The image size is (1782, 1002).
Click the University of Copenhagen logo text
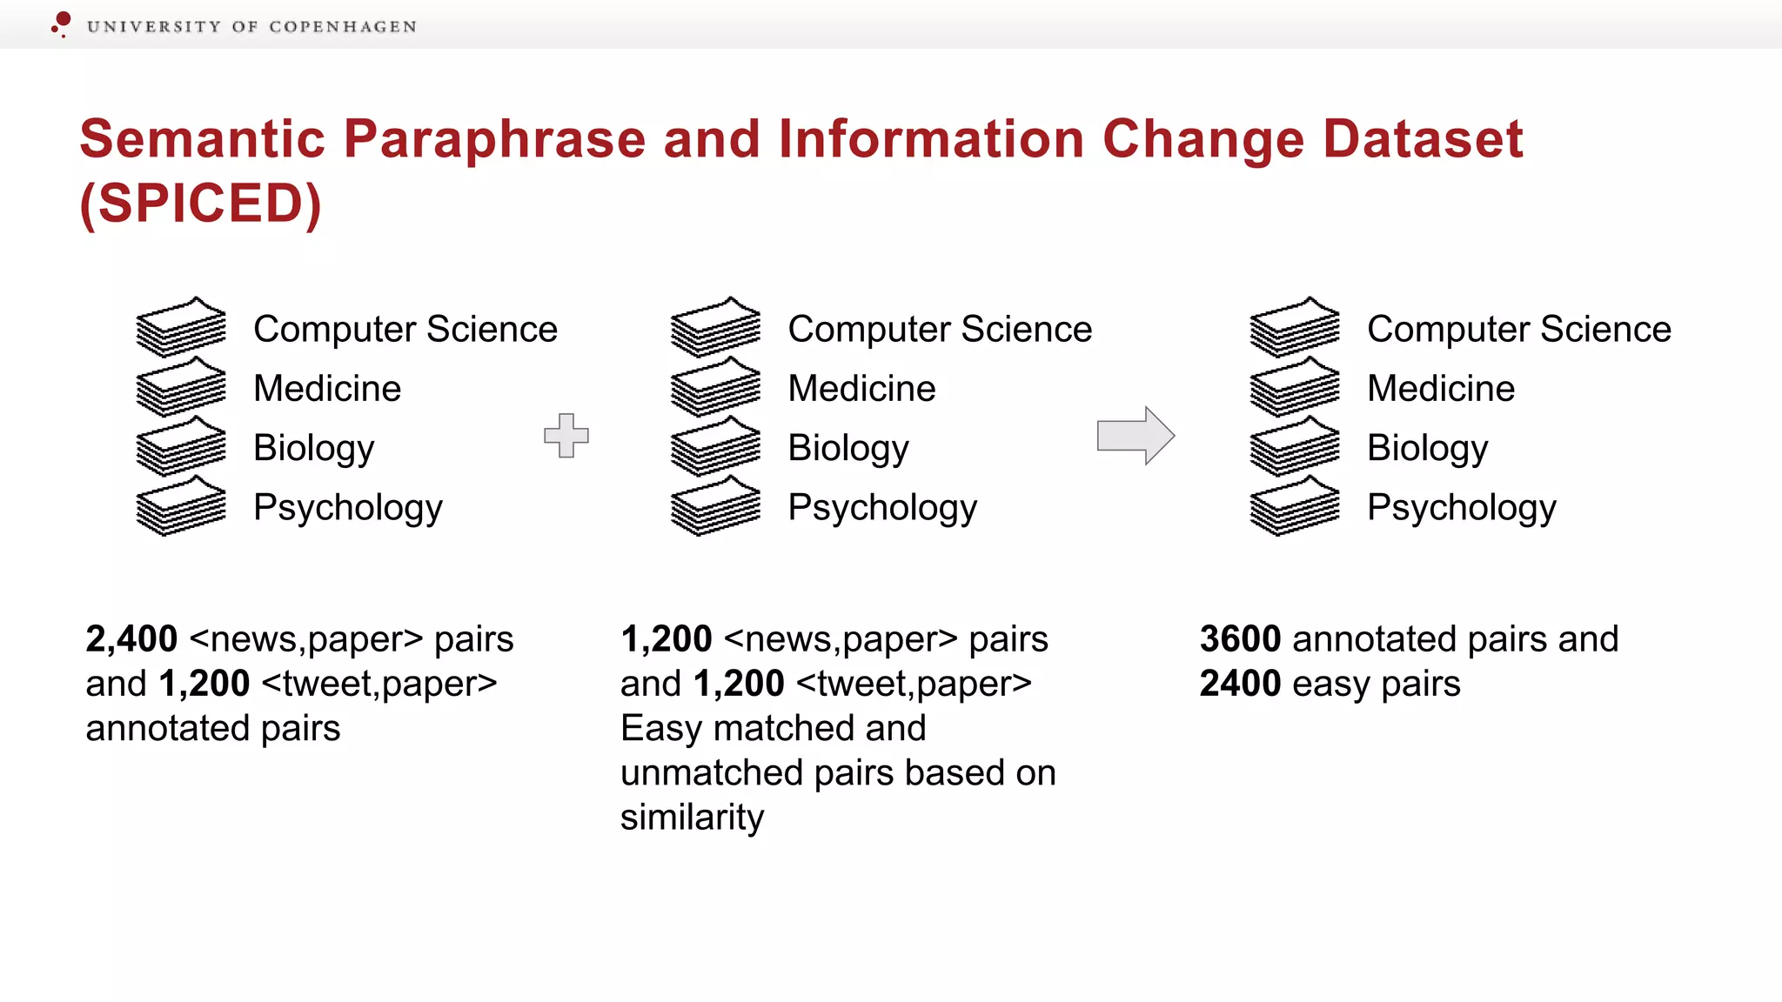coord(251,27)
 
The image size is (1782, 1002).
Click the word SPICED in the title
coord(201,204)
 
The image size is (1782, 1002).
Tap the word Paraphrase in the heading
coord(494,139)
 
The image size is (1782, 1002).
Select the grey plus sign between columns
coord(566,435)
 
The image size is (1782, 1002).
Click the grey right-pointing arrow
coord(1136,435)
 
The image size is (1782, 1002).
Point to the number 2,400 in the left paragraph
coord(131,639)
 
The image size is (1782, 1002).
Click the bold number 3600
coord(1240,639)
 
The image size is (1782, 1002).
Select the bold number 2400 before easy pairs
coord(1240,684)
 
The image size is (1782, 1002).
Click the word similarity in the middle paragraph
coord(692,818)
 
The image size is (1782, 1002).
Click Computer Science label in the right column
coord(1518,330)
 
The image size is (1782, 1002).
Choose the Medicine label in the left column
coord(327,389)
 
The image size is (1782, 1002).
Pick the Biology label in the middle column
coord(847,448)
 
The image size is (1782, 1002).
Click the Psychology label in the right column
coord(1461,507)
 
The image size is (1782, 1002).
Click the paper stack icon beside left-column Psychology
coord(181,506)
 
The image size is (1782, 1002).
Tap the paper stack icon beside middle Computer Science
coord(715,327)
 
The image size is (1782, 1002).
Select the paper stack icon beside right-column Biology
coord(1295,446)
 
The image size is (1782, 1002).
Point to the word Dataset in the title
coord(1423,139)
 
